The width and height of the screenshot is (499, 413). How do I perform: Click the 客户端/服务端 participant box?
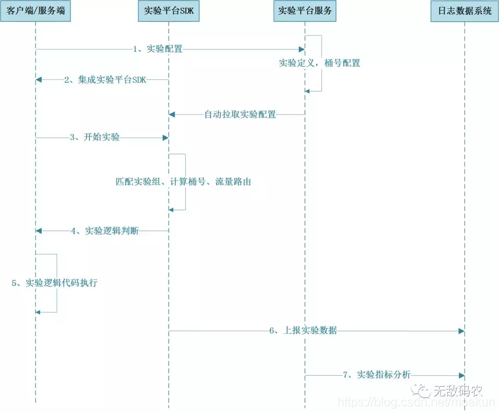[x=36, y=11]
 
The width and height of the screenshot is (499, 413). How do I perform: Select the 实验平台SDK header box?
[x=169, y=11]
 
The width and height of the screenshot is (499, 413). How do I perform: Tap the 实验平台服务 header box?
[x=305, y=11]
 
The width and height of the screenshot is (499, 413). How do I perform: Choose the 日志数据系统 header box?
[x=464, y=11]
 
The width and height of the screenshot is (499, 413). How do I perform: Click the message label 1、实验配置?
[x=158, y=49]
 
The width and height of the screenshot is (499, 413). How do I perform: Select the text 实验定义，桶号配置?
[x=319, y=63]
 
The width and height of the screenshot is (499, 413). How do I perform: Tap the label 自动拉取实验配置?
[x=240, y=115]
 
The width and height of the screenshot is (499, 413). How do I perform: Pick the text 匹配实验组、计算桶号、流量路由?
[x=183, y=182]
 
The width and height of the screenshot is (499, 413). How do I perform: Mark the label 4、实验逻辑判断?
[x=105, y=231]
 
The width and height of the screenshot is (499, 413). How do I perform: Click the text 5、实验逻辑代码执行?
[x=55, y=283]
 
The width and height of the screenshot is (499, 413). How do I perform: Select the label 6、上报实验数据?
[x=303, y=331]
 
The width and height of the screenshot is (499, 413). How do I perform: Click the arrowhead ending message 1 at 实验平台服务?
[x=302, y=49]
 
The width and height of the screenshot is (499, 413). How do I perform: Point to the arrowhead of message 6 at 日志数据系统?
[x=461, y=331]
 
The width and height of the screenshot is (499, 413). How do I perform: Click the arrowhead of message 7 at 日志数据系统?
[x=461, y=375]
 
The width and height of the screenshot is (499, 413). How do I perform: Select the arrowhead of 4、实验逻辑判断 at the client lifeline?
[x=39, y=231]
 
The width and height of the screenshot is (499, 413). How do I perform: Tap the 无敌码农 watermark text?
[x=457, y=392]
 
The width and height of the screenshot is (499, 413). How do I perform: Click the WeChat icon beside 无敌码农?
[x=422, y=392]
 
